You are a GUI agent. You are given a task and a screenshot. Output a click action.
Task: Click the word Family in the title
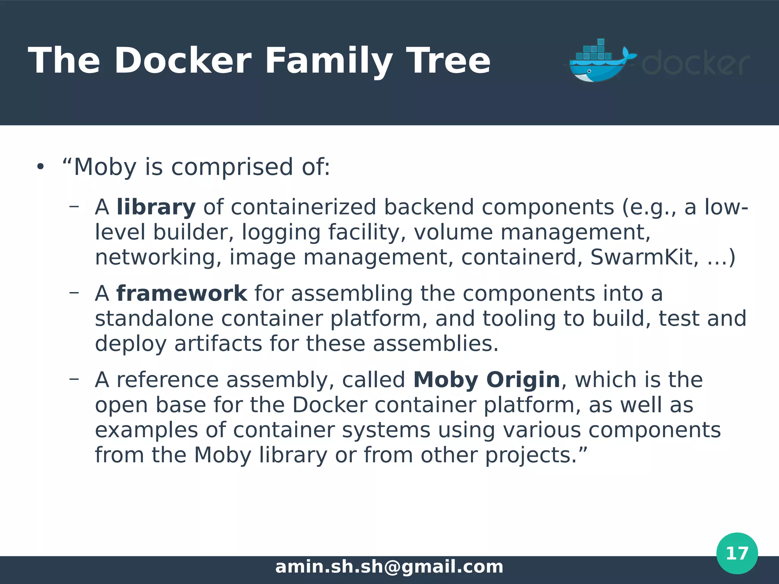pyautogui.click(x=328, y=61)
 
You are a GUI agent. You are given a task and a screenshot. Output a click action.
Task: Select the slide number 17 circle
pyautogui.click(x=737, y=553)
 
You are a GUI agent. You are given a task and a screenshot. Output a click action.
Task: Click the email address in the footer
pyautogui.click(x=389, y=567)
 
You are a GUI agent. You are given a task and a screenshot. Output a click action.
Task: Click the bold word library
pyautogui.click(x=156, y=208)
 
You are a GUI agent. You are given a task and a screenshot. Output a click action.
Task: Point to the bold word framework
pyautogui.click(x=182, y=294)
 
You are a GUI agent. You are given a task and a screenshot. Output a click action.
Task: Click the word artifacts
pyautogui.click(x=218, y=344)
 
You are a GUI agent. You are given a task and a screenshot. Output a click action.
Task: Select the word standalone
pyautogui.click(x=154, y=319)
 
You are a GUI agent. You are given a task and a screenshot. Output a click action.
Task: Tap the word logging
pyautogui.click(x=281, y=233)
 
